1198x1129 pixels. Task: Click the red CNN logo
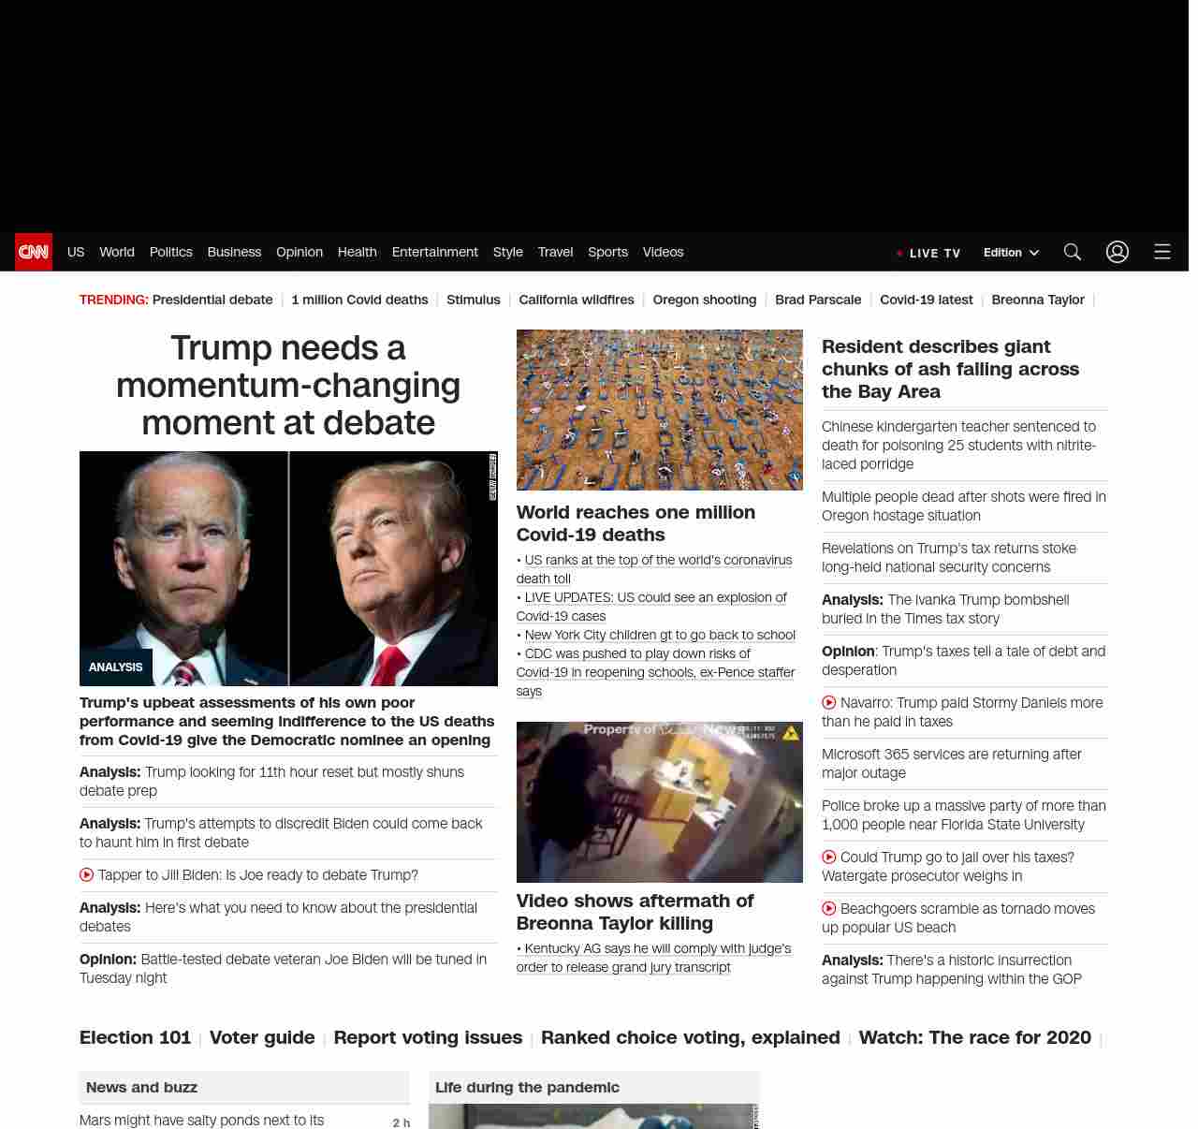(34, 252)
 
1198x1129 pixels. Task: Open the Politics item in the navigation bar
(170, 252)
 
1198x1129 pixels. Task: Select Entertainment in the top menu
(434, 252)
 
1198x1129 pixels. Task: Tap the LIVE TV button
(928, 253)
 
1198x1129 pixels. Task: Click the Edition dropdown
(1011, 253)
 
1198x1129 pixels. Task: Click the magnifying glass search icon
(1072, 252)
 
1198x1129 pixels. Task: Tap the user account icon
(1117, 252)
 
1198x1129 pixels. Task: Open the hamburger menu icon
(1161, 252)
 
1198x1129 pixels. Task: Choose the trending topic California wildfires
(576, 300)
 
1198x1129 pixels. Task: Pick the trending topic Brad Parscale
(818, 300)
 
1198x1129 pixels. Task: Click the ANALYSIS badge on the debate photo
(115, 667)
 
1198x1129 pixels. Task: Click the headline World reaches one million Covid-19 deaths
(636, 523)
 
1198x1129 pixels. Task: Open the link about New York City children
(660, 635)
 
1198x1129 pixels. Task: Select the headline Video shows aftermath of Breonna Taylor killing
(635, 912)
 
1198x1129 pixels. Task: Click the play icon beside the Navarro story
(829, 702)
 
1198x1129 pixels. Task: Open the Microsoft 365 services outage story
(951, 763)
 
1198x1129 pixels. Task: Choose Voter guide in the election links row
(262, 1037)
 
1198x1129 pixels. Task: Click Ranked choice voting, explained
(690, 1037)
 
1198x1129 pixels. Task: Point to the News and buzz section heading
(141, 1087)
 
